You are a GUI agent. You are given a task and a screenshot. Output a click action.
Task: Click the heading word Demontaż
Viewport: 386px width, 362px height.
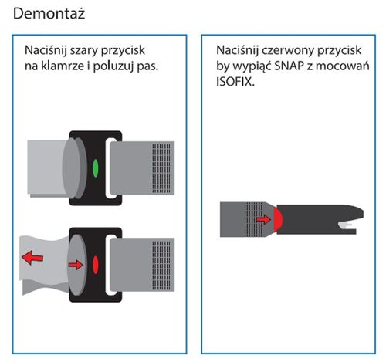tap(47, 14)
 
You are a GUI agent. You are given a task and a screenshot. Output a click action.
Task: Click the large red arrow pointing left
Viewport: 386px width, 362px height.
tap(32, 257)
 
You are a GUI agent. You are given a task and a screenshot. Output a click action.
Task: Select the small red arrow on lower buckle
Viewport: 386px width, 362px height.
tap(75, 265)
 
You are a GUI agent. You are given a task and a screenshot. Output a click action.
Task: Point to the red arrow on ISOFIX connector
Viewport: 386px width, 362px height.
tap(264, 219)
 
